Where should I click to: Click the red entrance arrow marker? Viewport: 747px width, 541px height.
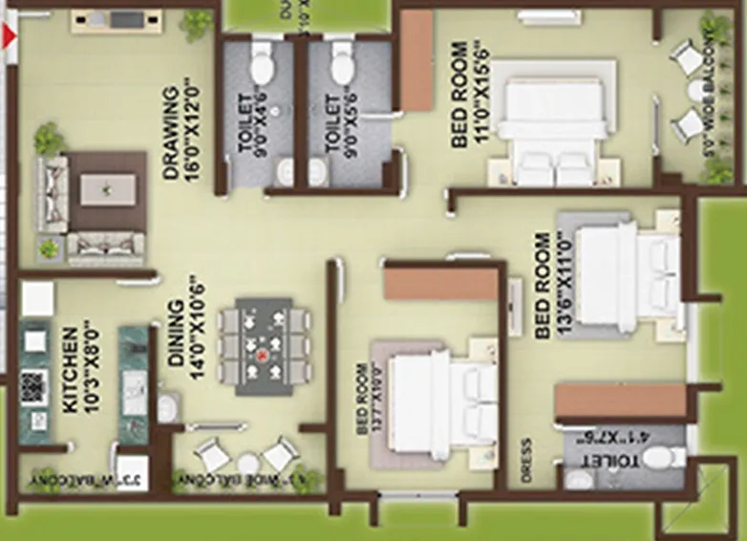click(11, 38)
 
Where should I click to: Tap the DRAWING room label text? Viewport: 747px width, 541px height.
click(172, 134)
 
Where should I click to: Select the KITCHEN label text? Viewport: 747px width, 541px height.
click(70, 370)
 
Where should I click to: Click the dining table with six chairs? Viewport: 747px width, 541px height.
click(264, 346)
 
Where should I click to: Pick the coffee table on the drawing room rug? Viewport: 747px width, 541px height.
click(107, 188)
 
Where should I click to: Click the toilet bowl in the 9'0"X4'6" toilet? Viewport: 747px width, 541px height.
click(261, 68)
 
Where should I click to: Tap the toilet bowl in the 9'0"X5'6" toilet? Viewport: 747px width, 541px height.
click(342, 67)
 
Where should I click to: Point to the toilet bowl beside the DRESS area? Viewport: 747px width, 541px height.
click(661, 457)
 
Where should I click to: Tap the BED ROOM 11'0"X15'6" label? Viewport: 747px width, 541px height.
click(460, 96)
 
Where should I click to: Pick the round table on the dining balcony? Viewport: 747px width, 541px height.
click(247, 464)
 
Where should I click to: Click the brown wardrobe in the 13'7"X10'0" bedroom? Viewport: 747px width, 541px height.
click(441, 284)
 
